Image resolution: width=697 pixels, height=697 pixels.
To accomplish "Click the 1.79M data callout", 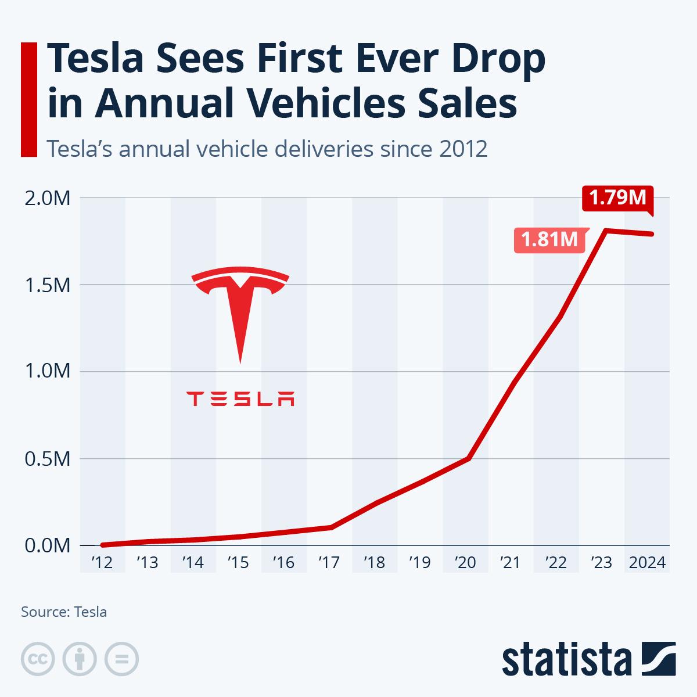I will pos(617,198).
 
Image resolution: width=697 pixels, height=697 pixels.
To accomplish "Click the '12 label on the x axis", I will pos(102,563).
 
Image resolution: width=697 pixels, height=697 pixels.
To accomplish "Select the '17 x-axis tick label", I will pos(329,563).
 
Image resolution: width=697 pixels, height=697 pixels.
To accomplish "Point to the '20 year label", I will pos(466,563).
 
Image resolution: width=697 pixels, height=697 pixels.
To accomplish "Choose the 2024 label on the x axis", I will pos(647,563).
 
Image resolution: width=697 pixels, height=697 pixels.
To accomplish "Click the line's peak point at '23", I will pos(605,231).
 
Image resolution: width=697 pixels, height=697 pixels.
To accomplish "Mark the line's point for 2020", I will pos(468,458).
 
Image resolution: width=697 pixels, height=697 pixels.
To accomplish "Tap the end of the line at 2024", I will pos(652,234).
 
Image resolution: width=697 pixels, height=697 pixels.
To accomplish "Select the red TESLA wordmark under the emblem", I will pos(240,399).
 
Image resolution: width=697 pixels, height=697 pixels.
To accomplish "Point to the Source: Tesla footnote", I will pos(64,612).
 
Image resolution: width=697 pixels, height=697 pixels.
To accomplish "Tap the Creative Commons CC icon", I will pos(38,659).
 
